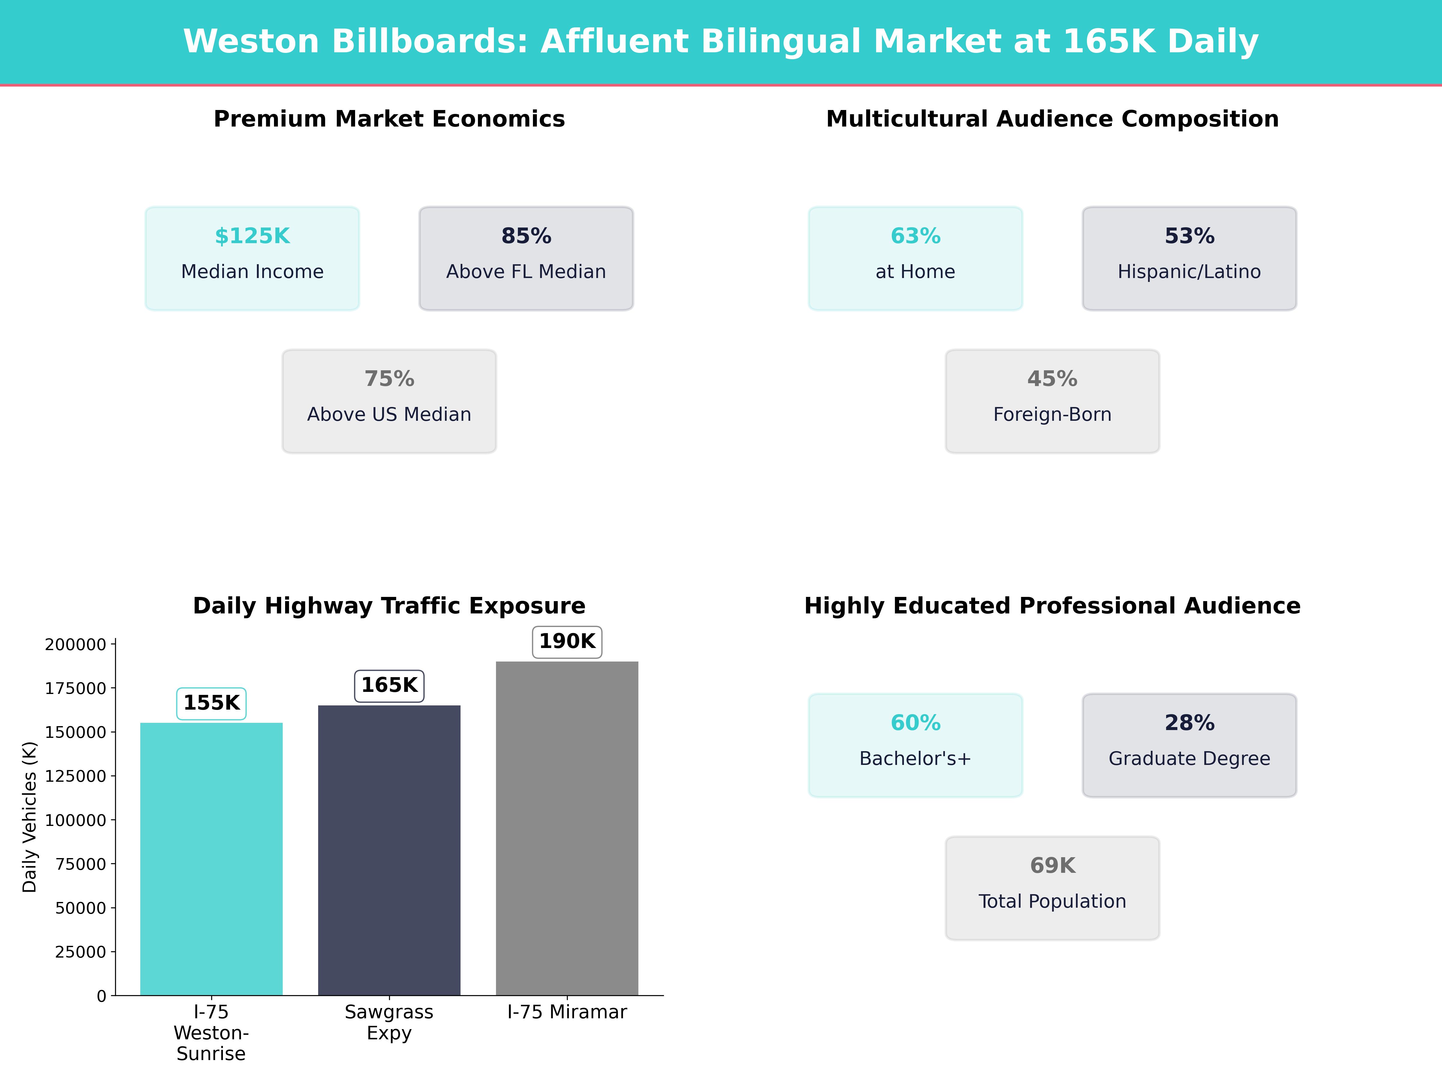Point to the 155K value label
click(211, 703)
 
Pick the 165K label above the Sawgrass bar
click(389, 686)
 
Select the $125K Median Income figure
click(252, 236)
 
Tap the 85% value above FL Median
click(526, 236)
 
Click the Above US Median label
click(389, 415)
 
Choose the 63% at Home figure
click(915, 236)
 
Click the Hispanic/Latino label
click(1189, 272)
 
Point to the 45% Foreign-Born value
click(1052, 379)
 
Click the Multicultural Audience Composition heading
click(1052, 119)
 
